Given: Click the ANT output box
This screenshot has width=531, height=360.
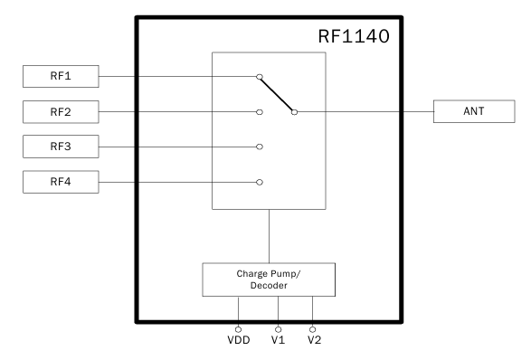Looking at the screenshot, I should (x=472, y=112).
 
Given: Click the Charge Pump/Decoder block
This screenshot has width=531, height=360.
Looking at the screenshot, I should (x=269, y=279).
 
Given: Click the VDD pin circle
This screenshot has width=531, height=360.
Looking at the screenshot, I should (x=239, y=329).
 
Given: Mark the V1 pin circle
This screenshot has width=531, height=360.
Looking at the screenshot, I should (x=278, y=329).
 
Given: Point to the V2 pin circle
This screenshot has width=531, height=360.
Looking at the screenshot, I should (x=313, y=329).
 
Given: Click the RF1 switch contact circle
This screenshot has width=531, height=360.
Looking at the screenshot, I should (x=260, y=78).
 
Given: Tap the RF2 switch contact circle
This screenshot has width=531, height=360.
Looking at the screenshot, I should (x=260, y=112).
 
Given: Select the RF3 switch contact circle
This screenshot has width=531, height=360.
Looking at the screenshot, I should (x=260, y=146).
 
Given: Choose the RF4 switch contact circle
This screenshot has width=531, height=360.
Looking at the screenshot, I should (x=260, y=182).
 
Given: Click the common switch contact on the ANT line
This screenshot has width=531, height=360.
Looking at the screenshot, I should (x=295, y=112).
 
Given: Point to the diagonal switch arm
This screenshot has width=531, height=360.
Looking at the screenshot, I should (x=278, y=95).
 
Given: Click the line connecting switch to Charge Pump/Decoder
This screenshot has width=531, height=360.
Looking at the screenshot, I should (x=269, y=235).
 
